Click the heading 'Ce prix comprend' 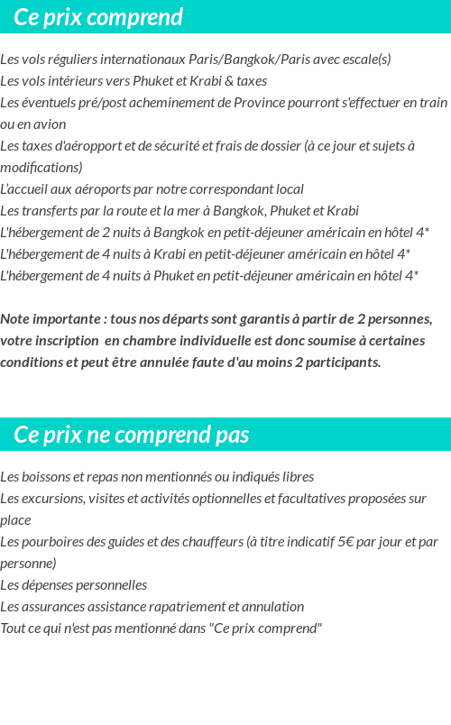[x=98, y=17]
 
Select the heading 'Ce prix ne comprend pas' [x=132, y=435]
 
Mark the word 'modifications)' [x=41, y=168]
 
